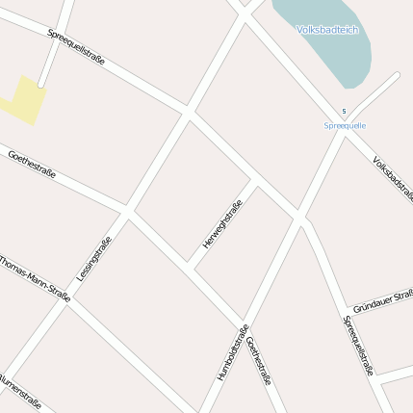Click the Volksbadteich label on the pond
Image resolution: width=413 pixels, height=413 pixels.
pyautogui.click(x=327, y=30)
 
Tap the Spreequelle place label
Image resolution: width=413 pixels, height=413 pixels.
pyautogui.click(x=345, y=126)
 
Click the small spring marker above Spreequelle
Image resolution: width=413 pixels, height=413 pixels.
pyautogui.click(x=344, y=112)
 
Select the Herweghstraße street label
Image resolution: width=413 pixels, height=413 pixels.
pyautogui.click(x=221, y=223)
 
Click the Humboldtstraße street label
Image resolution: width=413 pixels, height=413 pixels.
pyautogui.click(x=232, y=350)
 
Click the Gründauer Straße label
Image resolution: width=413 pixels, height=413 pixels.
pyautogui.click(x=382, y=301)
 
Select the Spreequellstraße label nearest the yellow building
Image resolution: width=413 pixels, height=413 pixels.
pyautogui.click(x=76, y=48)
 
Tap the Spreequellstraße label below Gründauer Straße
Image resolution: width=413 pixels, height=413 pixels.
pyautogui.click(x=359, y=345)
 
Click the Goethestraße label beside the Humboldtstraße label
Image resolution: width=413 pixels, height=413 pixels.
pyautogui.click(x=259, y=360)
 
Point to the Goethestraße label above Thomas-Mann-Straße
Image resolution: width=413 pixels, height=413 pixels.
pyautogui.click(x=33, y=165)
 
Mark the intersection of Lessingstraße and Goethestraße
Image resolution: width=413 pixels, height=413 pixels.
pyautogui.click(x=126, y=210)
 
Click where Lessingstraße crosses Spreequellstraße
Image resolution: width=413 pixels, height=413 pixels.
pyautogui.click(x=189, y=115)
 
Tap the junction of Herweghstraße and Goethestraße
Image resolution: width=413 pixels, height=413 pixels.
pyautogui.click(x=192, y=267)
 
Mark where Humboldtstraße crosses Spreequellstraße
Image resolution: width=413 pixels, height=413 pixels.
pyautogui.click(x=300, y=220)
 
